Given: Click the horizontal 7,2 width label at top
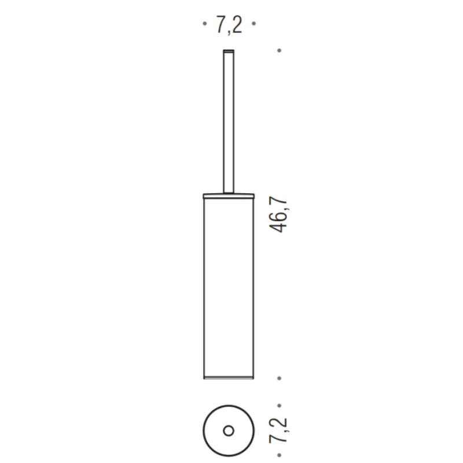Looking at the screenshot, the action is tap(229, 25).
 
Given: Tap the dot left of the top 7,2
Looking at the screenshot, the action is tap(205, 23).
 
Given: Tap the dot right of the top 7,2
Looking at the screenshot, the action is tap(253, 23).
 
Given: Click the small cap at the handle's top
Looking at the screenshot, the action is tap(229, 52).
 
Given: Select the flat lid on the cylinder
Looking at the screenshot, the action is tap(229, 196).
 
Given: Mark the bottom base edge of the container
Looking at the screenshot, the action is tap(229, 378).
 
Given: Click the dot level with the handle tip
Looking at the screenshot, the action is tap(279, 50).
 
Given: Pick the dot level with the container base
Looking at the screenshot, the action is tap(279, 378).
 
